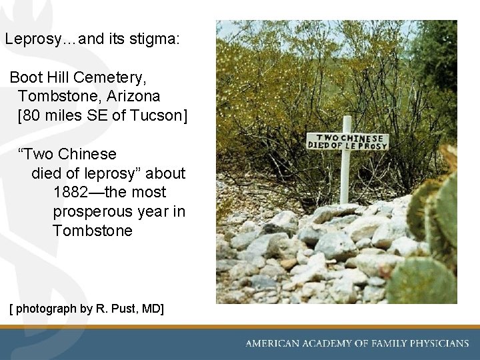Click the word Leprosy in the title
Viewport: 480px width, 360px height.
(31, 39)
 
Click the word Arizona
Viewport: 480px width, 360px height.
(133, 97)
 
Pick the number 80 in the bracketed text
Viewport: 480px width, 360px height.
(32, 115)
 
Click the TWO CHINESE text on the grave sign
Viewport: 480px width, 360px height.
(347, 137)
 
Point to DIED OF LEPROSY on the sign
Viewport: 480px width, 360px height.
(347, 145)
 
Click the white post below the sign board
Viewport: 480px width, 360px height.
(345, 177)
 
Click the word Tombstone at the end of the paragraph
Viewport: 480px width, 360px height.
(93, 231)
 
